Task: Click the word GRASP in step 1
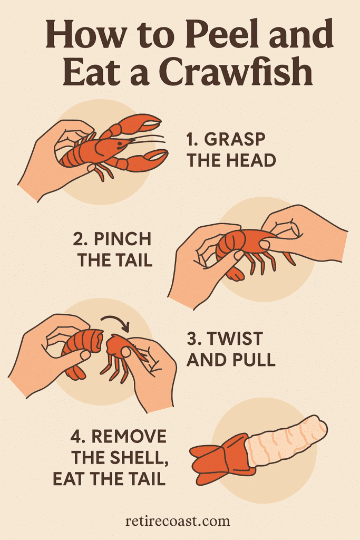tap(235, 139)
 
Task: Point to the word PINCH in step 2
tap(122, 239)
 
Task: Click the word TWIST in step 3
tap(236, 339)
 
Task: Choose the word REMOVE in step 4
tap(129, 436)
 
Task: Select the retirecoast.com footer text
tap(178, 521)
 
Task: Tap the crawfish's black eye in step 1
tap(119, 143)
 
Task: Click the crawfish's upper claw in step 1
tap(141, 123)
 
